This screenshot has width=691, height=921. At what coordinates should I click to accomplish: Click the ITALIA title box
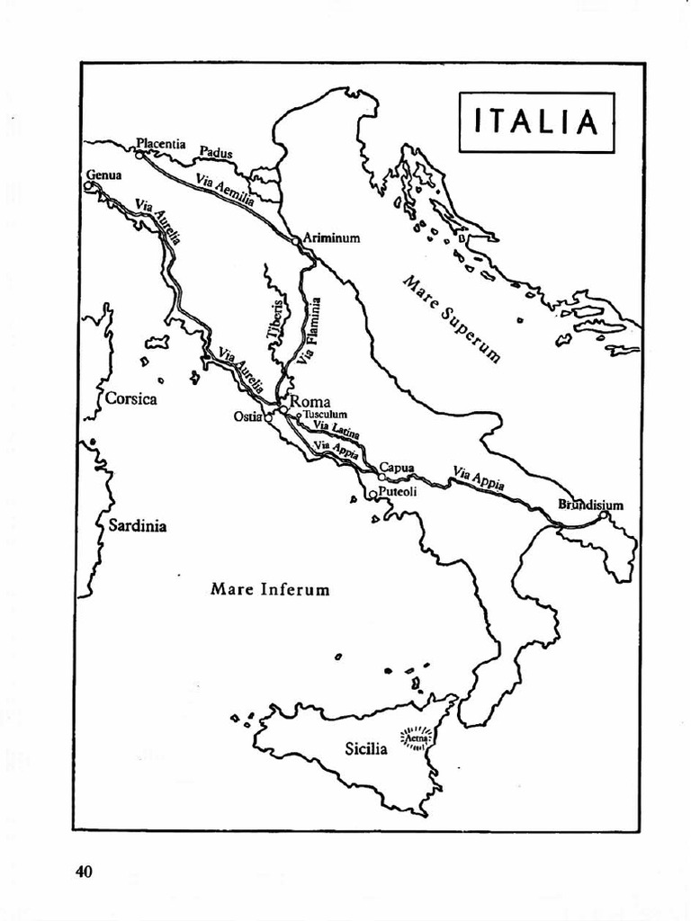[536, 122]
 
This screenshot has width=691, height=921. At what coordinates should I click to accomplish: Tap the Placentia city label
[160, 143]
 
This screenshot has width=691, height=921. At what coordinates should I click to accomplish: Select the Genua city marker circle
[89, 186]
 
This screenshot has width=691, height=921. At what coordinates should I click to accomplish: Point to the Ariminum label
[332, 238]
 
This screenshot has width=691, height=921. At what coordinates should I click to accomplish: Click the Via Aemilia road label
[225, 190]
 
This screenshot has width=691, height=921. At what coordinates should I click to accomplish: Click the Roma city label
[310, 401]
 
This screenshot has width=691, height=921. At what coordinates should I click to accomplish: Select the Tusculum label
[325, 415]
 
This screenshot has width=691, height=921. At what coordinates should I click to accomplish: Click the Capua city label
[396, 467]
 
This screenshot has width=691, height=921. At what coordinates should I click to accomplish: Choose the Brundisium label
[590, 505]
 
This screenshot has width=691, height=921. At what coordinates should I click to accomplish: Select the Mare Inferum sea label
[270, 590]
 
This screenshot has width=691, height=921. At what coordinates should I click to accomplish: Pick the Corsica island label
[131, 398]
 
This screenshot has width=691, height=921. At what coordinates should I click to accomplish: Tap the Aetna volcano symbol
[417, 739]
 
